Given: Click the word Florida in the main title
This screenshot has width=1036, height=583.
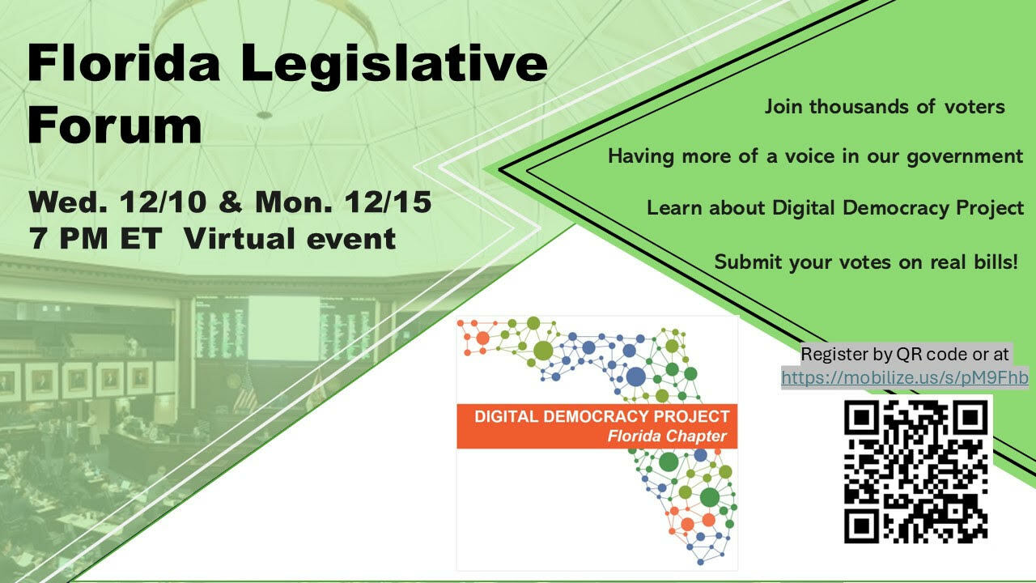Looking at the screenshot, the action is [x=124, y=62].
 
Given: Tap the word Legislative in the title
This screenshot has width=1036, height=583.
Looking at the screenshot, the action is [x=394, y=66].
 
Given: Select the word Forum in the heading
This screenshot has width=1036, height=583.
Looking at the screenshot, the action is [x=115, y=125].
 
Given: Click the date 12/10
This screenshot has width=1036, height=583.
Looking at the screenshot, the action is [x=163, y=202].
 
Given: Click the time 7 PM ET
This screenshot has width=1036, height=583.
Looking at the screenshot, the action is [x=96, y=239].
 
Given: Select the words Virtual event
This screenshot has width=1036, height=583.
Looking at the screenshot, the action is [x=290, y=239].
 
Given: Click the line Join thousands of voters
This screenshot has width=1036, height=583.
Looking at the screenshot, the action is [x=885, y=106].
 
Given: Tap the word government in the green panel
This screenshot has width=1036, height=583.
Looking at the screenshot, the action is [x=965, y=157].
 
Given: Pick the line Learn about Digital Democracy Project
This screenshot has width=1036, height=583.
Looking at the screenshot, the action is [x=835, y=208].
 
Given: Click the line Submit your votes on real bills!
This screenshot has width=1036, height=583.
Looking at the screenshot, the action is [x=866, y=262].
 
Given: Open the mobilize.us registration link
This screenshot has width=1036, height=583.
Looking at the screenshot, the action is [x=905, y=378].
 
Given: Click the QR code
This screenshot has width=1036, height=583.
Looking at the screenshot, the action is [x=915, y=471].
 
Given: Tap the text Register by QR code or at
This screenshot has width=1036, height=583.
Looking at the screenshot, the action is [x=905, y=355].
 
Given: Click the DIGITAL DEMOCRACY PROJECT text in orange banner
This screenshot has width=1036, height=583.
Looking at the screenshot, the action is [x=601, y=416].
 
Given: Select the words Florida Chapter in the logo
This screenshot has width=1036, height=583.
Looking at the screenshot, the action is [x=667, y=436].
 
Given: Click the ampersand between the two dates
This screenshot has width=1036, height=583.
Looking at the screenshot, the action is [x=231, y=202].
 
